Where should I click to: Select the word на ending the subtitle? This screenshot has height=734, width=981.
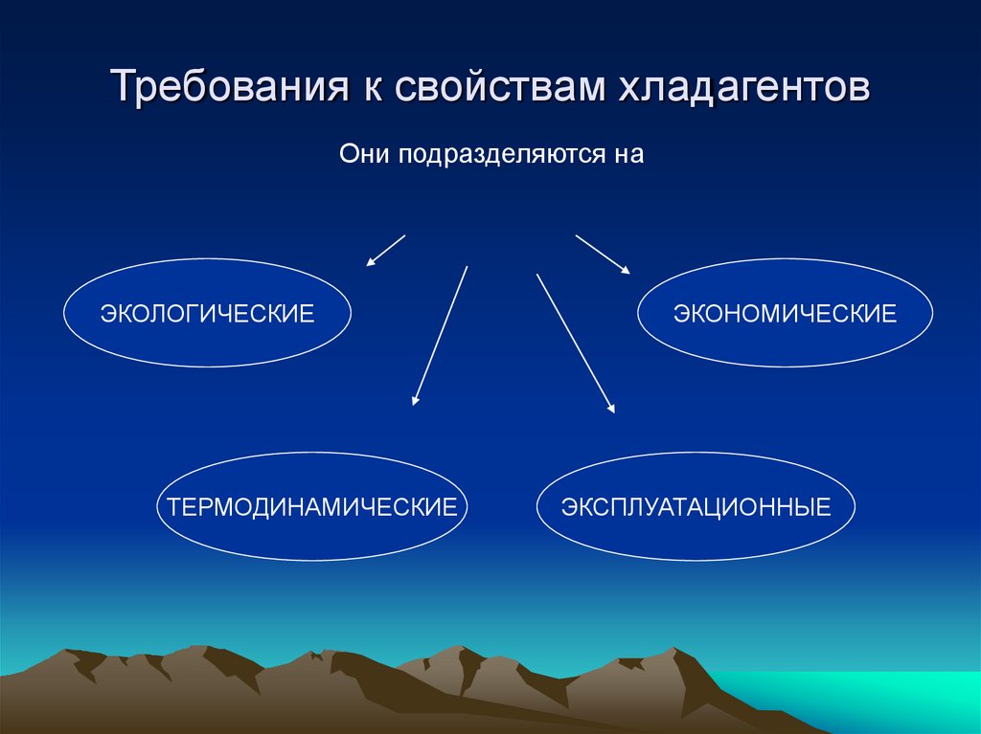tap(625, 154)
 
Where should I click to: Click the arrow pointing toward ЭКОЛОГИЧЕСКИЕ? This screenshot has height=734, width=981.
tap(386, 250)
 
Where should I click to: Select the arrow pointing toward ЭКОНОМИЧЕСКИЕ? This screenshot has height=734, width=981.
tap(603, 255)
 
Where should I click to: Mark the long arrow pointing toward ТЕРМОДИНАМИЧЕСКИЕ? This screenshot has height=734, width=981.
tap(440, 336)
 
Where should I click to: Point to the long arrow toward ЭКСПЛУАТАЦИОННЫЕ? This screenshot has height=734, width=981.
tap(575, 343)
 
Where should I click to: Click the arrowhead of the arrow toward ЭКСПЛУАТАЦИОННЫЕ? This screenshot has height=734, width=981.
tap(610, 408)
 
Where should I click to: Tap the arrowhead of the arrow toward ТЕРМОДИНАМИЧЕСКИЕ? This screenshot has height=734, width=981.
tap(416, 400)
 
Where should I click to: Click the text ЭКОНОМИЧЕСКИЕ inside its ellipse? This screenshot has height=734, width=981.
tap(785, 314)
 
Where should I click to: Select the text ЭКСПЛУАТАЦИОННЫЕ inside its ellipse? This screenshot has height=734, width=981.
tap(696, 506)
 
